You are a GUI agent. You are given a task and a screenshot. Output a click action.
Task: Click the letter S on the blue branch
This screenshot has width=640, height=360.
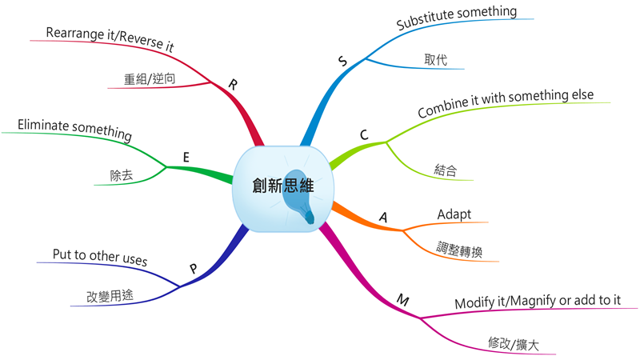click(343, 62)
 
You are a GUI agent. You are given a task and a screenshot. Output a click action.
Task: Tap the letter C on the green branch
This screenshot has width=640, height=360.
click(364, 134)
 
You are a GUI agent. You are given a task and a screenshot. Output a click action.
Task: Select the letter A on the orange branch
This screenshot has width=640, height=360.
click(383, 217)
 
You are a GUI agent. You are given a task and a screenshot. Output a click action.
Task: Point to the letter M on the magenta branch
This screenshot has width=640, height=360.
click(403, 301)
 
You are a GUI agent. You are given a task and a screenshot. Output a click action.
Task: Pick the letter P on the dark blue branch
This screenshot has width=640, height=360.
click(194, 268)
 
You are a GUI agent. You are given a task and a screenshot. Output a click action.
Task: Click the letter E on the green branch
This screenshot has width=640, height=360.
click(186, 157)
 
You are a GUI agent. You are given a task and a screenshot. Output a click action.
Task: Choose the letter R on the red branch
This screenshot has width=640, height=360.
click(233, 85)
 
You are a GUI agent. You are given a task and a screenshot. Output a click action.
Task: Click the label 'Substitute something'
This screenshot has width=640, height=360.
click(456, 17)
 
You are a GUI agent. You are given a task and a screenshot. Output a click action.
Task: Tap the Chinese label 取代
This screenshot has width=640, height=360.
click(435, 59)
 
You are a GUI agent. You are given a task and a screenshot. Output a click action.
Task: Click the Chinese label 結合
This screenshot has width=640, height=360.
click(446, 170)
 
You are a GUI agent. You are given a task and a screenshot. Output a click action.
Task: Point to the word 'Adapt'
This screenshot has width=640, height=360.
click(454, 214)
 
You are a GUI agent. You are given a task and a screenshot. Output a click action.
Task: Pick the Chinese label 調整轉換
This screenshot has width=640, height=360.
click(459, 250)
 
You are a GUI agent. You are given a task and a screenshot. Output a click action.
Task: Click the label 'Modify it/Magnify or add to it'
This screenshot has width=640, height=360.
click(538, 302)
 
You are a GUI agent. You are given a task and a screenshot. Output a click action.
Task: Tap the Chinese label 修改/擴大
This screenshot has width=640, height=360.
click(513, 344)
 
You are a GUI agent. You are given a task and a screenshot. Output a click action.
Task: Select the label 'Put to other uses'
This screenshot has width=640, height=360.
click(100, 257)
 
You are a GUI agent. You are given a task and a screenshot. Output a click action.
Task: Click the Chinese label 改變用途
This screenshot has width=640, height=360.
click(110, 295)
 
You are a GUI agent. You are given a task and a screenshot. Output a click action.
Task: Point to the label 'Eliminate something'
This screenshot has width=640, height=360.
click(74, 130)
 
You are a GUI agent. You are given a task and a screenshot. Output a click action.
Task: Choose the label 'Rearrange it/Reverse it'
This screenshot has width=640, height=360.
click(110, 39)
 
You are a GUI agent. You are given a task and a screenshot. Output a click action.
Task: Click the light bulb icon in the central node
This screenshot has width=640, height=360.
click(299, 196)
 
